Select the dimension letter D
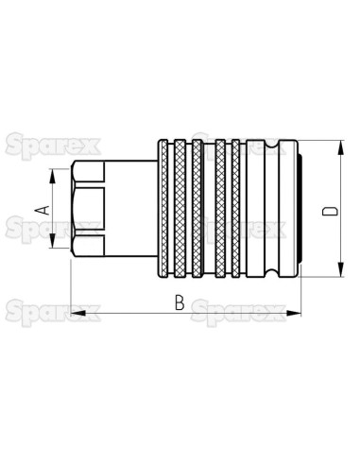point(327,210)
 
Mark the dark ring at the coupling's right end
point(295,209)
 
